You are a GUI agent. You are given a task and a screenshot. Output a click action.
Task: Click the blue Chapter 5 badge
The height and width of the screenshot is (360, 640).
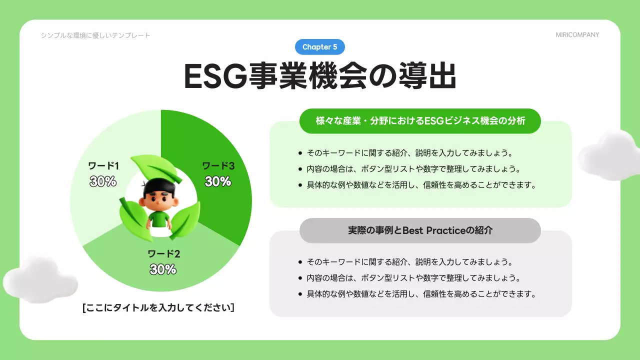pos(320,47)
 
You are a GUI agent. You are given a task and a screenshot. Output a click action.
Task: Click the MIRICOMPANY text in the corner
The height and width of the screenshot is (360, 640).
pos(577,35)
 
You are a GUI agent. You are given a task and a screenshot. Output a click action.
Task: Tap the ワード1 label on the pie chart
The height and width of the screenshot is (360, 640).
pos(103,165)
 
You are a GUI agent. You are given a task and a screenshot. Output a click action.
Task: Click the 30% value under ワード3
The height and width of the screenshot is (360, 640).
pos(218,181)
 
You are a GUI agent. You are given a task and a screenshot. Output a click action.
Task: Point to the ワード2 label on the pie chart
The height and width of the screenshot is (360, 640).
pos(163,253)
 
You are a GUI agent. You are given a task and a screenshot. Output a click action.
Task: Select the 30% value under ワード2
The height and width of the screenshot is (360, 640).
pos(163,269)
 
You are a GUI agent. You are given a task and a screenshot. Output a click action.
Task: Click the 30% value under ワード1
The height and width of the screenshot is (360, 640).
pos(103,181)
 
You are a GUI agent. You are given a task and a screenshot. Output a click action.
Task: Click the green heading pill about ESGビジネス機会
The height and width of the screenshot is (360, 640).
pos(420,121)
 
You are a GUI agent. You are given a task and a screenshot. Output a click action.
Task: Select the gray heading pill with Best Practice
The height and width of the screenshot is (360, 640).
pos(420,230)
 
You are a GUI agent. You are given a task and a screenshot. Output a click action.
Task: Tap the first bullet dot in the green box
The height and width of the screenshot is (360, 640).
pos(300,153)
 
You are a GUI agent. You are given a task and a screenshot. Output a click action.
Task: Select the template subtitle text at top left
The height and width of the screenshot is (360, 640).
pos(95,35)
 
